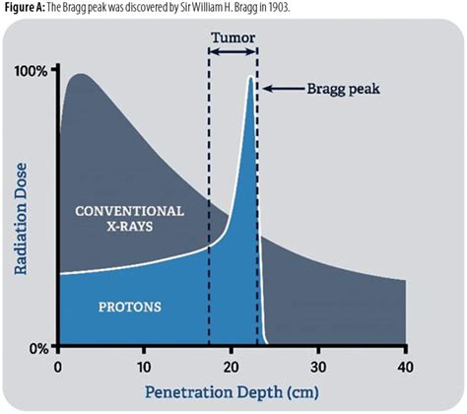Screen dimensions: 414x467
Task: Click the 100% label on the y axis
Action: pyautogui.click(x=32, y=73)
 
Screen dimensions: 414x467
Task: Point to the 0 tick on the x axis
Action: pyautogui.click(x=59, y=366)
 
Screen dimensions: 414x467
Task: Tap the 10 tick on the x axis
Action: pyautogui.click(x=144, y=366)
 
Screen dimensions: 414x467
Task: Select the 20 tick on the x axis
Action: pyautogui.click(x=232, y=366)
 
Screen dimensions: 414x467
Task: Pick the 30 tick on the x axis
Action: pyautogui.click(x=318, y=366)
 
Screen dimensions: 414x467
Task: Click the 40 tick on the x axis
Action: pyautogui.click(x=403, y=366)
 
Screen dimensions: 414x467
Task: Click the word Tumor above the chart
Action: pyautogui.click(x=233, y=39)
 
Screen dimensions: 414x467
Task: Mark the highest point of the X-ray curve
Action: pyautogui.click(x=80, y=74)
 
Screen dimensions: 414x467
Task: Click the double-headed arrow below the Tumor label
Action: pyautogui.click(x=233, y=56)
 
